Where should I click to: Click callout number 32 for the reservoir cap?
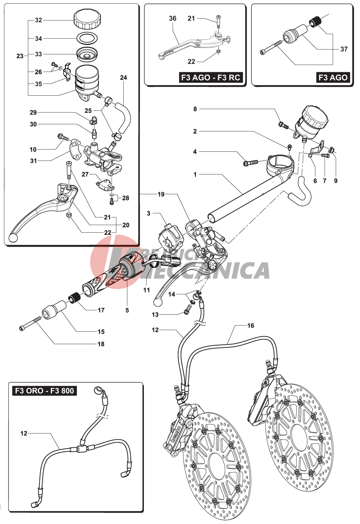[x=38, y=20]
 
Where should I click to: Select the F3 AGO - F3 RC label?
[x=211, y=77]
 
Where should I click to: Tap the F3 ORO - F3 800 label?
[x=45, y=391]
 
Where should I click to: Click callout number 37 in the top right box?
[x=344, y=49]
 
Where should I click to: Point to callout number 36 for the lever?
[x=173, y=19]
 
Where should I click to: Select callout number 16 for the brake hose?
[x=251, y=325]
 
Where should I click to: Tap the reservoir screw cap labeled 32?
[x=87, y=19]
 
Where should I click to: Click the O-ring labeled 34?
[x=87, y=38]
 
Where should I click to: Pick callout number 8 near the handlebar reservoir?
[x=195, y=109]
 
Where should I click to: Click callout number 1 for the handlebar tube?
[x=195, y=174]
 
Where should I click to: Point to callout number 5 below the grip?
[x=127, y=310]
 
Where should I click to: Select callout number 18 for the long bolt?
[x=101, y=344]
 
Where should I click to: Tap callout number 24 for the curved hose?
[x=123, y=77]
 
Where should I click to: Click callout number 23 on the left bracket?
[x=20, y=56]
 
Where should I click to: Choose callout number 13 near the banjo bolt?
[x=155, y=315]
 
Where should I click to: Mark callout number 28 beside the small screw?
[x=126, y=198]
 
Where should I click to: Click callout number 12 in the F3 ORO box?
[x=24, y=433]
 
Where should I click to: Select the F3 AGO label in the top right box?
[x=333, y=77]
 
